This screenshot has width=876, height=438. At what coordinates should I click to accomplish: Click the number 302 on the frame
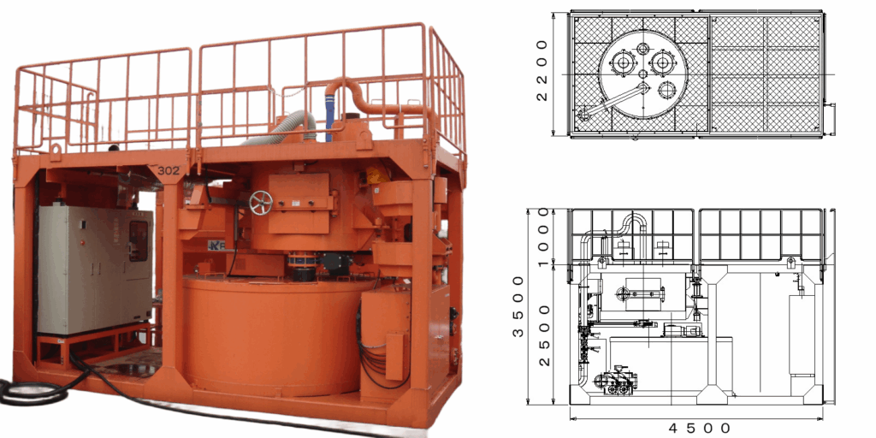tap(169, 171)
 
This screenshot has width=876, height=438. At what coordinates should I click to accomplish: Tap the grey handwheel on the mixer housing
tap(261, 203)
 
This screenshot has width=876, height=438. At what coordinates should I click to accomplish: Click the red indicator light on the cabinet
tap(83, 242)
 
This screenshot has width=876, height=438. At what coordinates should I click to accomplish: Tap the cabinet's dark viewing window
tap(139, 240)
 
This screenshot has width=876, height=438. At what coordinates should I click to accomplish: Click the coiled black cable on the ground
tap(33, 392)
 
